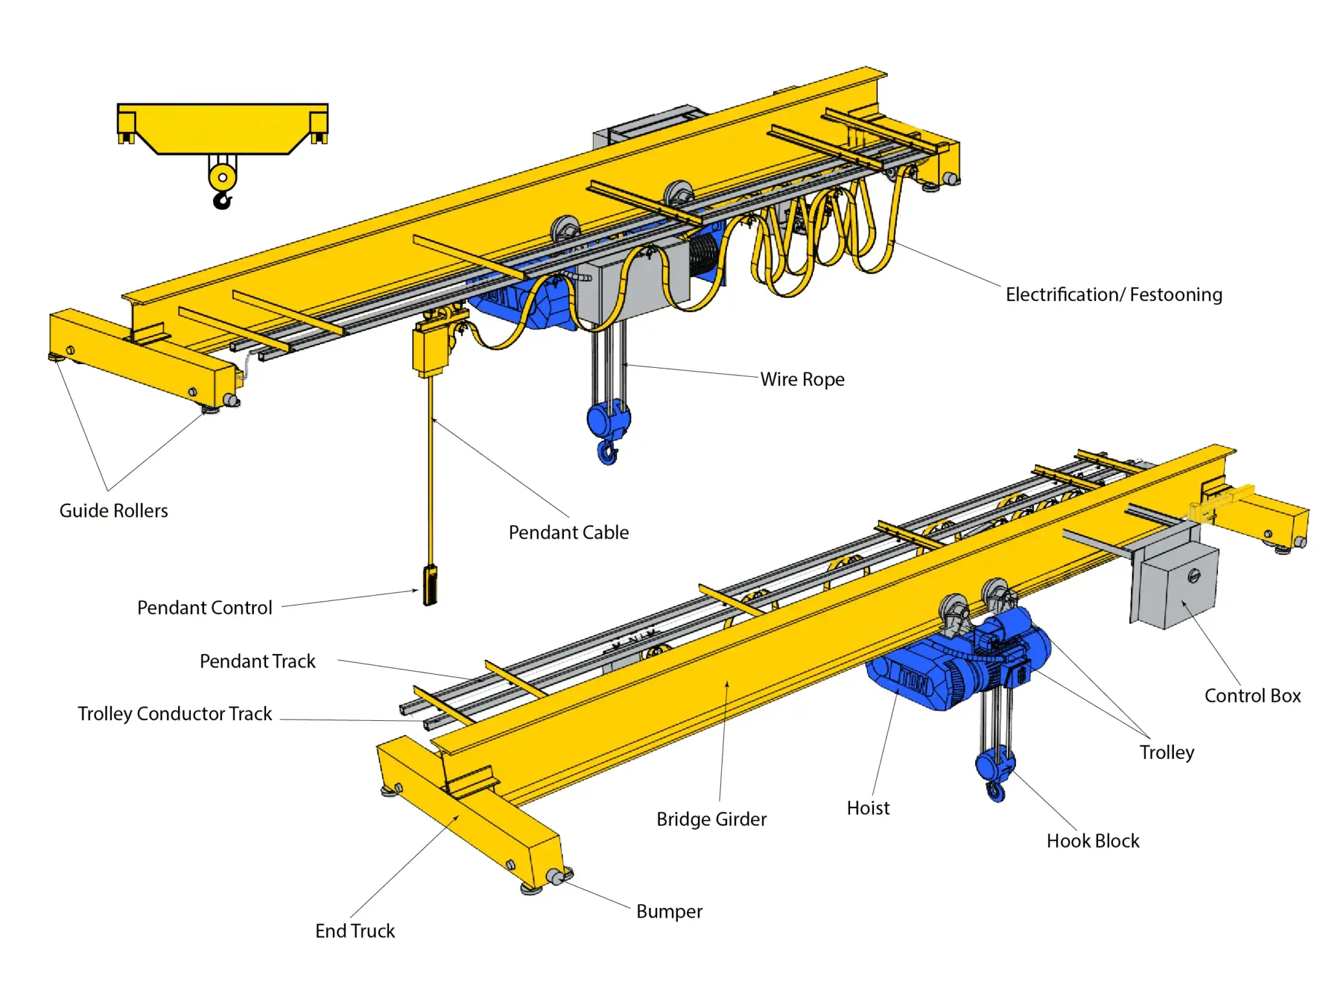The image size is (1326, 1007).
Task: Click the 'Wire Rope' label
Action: pos(802,379)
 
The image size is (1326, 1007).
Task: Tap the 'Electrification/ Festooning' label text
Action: pos(1113,295)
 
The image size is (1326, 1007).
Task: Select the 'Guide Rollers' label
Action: pos(113,511)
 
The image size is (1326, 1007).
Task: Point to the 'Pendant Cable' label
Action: pos(568,532)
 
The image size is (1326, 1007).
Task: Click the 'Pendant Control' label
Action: pos(205,607)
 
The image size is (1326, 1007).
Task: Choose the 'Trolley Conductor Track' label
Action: pos(175,714)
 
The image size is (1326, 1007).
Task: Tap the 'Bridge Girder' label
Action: pos(711,819)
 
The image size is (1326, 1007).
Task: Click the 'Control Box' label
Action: pos(1252,696)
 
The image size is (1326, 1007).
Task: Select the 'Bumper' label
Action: pos(669,911)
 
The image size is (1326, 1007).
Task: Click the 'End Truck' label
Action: pos(355,931)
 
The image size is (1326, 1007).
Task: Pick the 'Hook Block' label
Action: pos(1092,841)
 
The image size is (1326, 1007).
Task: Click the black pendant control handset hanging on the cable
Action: pos(430,585)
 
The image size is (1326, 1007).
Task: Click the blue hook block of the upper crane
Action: pos(607,420)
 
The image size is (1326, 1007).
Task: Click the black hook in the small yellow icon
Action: pos(222,200)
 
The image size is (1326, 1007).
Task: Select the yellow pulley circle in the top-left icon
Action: pos(222,177)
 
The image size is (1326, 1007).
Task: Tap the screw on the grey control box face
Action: pos(1194,575)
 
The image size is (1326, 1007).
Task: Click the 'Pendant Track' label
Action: pos(257,661)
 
